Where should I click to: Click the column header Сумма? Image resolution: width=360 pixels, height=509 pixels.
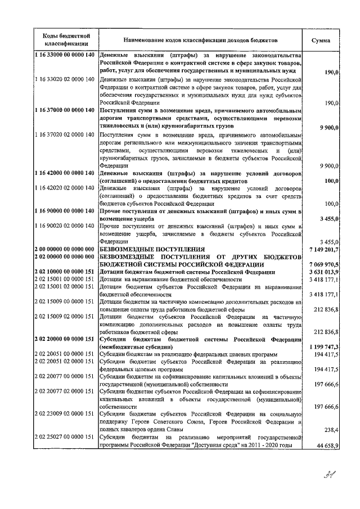325,40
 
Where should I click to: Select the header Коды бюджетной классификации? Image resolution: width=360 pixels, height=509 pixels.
65,40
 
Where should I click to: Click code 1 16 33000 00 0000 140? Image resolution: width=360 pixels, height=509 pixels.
65,56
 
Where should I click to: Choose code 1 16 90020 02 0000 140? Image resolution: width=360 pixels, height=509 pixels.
65,226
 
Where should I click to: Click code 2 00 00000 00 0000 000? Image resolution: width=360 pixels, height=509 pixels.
65,249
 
